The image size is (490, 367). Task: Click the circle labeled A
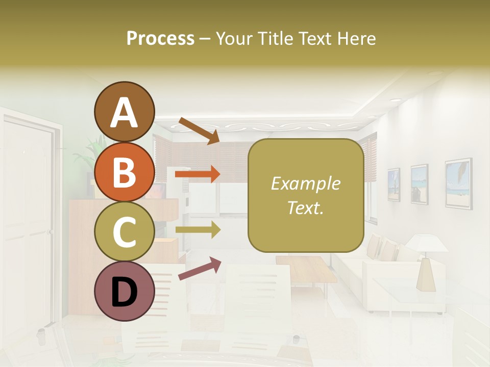pyautogui.click(x=124, y=112)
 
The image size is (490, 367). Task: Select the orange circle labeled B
pyautogui.click(x=124, y=172)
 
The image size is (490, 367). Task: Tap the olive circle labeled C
pyautogui.click(x=124, y=231)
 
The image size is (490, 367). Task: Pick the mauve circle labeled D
pyautogui.click(x=124, y=291)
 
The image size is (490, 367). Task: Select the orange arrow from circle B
pyautogui.click(x=198, y=174)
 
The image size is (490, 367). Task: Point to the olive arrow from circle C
pyautogui.click(x=198, y=229)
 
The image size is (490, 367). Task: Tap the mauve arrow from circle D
pyautogui.click(x=199, y=269)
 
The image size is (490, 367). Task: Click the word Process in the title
pyautogui.click(x=160, y=38)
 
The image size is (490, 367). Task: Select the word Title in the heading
pyautogui.click(x=274, y=38)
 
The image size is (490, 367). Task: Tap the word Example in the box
pyautogui.click(x=305, y=184)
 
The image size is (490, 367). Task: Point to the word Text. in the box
pyautogui.click(x=305, y=207)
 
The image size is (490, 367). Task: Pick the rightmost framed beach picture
pyautogui.click(x=458, y=182)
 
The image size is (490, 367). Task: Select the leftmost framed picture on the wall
pyautogui.click(x=394, y=185)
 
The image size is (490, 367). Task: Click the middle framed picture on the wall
pyautogui.click(x=419, y=184)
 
